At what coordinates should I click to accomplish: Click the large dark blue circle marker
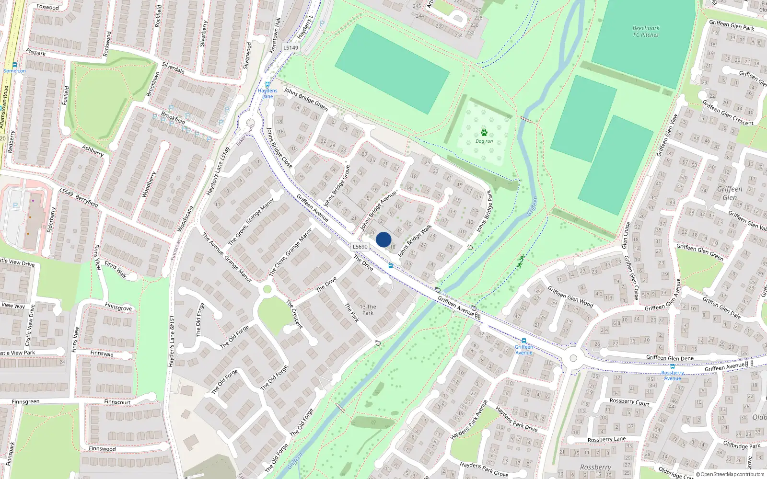pos(383,239)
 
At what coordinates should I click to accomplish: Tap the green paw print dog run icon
pos(484,133)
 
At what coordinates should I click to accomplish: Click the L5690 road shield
pos(360,247)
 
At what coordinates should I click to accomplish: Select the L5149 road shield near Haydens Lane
pos(291,47)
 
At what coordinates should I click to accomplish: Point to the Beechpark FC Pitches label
pos(646,32)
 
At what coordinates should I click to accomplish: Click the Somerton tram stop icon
pos(15,65)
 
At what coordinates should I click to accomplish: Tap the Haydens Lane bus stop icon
pos(267,84)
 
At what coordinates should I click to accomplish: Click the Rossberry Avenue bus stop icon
pos(672,366)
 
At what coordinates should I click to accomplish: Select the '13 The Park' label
pos(368,309)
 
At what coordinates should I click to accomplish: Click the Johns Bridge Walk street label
pos(415,240)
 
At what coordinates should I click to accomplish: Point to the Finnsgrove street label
pos(118,307)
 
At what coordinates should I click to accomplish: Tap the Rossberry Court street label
pos(629,402)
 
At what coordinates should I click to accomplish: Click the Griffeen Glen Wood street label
pos(570,297)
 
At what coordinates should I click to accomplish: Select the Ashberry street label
pos(93,151)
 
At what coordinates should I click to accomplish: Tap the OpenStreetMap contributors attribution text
pos(732,474)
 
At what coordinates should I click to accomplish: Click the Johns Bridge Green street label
pos(305,99)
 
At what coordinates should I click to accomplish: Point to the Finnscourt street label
pos(117,402)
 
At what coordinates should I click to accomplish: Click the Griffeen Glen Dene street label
pos(670,358)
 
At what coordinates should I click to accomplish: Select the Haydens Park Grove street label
pos(484,469)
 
